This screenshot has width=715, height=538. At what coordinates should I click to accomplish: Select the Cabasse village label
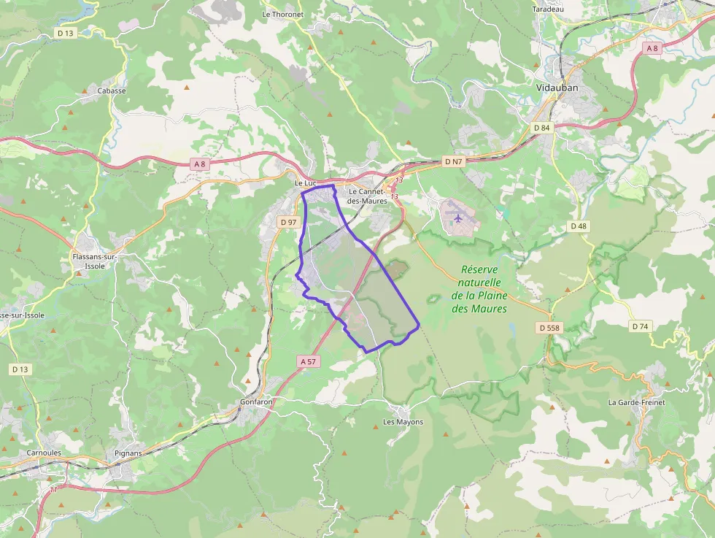112,91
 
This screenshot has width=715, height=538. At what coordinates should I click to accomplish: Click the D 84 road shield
541,128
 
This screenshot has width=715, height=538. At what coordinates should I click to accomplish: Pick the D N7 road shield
453,161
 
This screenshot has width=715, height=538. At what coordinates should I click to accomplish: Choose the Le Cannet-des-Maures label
368,196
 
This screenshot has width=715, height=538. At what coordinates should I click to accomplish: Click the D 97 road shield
288,222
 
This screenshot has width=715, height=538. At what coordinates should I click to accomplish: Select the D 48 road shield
578,226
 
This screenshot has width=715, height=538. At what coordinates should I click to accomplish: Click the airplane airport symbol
457,217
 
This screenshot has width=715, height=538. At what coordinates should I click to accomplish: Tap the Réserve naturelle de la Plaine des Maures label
479,289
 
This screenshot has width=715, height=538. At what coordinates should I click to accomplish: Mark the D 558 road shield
549,328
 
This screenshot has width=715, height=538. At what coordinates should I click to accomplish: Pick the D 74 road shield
640,326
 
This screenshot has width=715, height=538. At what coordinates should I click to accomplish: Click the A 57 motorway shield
309,361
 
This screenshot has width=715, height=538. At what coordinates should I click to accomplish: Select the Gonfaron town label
256,402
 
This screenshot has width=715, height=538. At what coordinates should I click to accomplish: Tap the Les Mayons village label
403,422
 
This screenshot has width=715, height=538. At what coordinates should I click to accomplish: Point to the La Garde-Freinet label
636,402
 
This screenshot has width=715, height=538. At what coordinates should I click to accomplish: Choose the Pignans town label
128,453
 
